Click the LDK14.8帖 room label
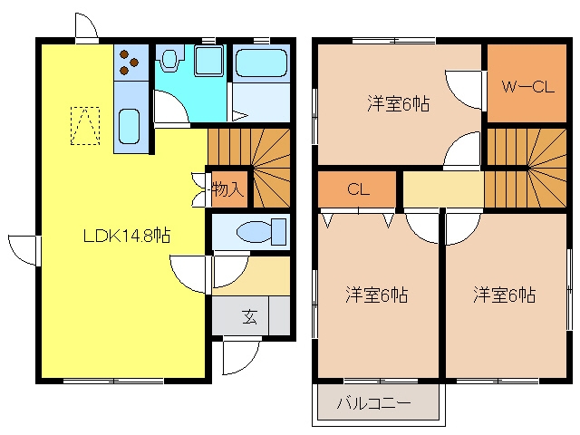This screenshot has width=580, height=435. pos(127,236)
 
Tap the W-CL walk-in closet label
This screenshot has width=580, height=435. pos(527,87)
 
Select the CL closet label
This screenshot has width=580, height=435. pos(358,189)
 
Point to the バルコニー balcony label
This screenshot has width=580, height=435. pos(373,402)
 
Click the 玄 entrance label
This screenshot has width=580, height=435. pos(250,316)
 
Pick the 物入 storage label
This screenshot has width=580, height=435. pos(227,189)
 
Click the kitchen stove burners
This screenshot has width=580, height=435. pos(129,62)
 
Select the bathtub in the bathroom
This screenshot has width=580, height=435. pos(261,63)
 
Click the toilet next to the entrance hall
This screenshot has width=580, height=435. pos(261,232)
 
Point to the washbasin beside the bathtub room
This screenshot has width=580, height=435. pos(209,61)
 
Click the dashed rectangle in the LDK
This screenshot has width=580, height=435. pos(85,126)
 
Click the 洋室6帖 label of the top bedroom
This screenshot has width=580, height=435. pos(399,103)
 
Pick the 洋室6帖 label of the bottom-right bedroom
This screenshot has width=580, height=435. pos(504,295)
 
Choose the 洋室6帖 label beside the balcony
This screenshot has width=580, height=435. pos(377,295)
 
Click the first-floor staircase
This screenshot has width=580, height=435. pos(248,168)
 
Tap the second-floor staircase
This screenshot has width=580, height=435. pos(527,168)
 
